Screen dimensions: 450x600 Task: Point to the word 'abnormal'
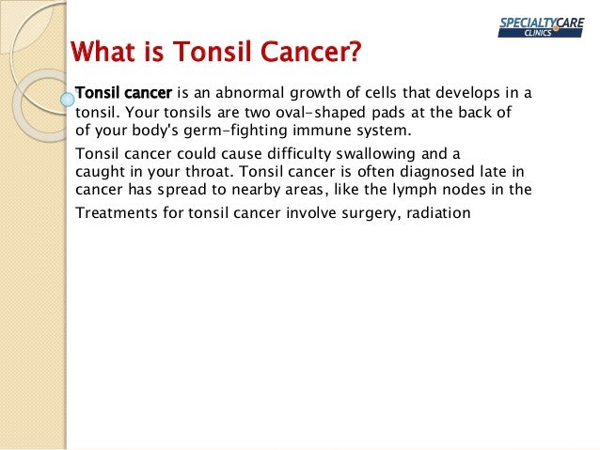[x=245, y=93]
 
